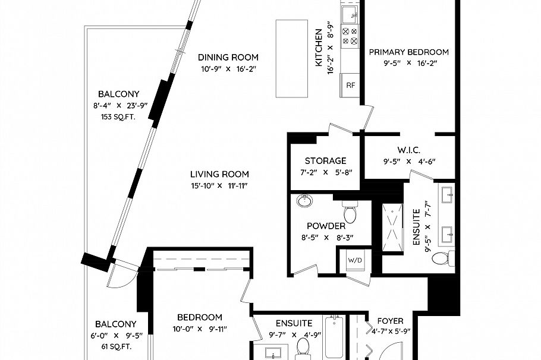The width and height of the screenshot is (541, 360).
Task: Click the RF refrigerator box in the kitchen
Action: pos(351,85)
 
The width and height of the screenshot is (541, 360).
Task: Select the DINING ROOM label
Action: pos(228,58)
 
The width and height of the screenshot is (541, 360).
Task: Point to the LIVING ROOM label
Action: pos(219,174)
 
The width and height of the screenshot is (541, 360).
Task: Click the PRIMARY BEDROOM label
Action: pos(408,52)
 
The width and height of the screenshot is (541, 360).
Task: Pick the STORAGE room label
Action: pos(325,161)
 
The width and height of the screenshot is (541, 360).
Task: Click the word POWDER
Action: pos(326,226)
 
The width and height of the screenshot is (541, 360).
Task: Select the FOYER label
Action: pos(390,321)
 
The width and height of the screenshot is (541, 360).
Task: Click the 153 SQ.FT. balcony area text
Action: pos(118,116)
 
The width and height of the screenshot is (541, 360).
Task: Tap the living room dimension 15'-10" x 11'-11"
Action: pos(219,185)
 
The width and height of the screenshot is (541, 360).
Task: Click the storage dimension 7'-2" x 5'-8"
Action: pos(325,172)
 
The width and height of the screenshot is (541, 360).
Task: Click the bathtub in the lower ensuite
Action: pos(335,339)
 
